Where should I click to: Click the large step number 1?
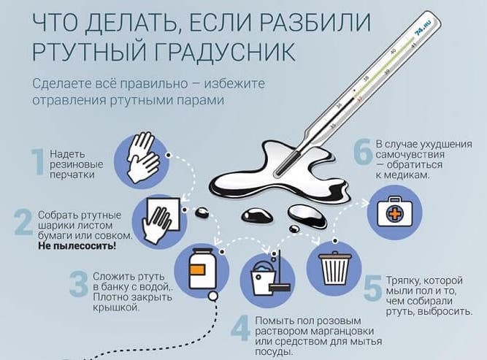[38, 163]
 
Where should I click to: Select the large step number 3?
[78, 286]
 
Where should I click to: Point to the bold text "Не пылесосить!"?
[77, 247]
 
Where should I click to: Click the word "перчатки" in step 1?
[71, 176]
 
